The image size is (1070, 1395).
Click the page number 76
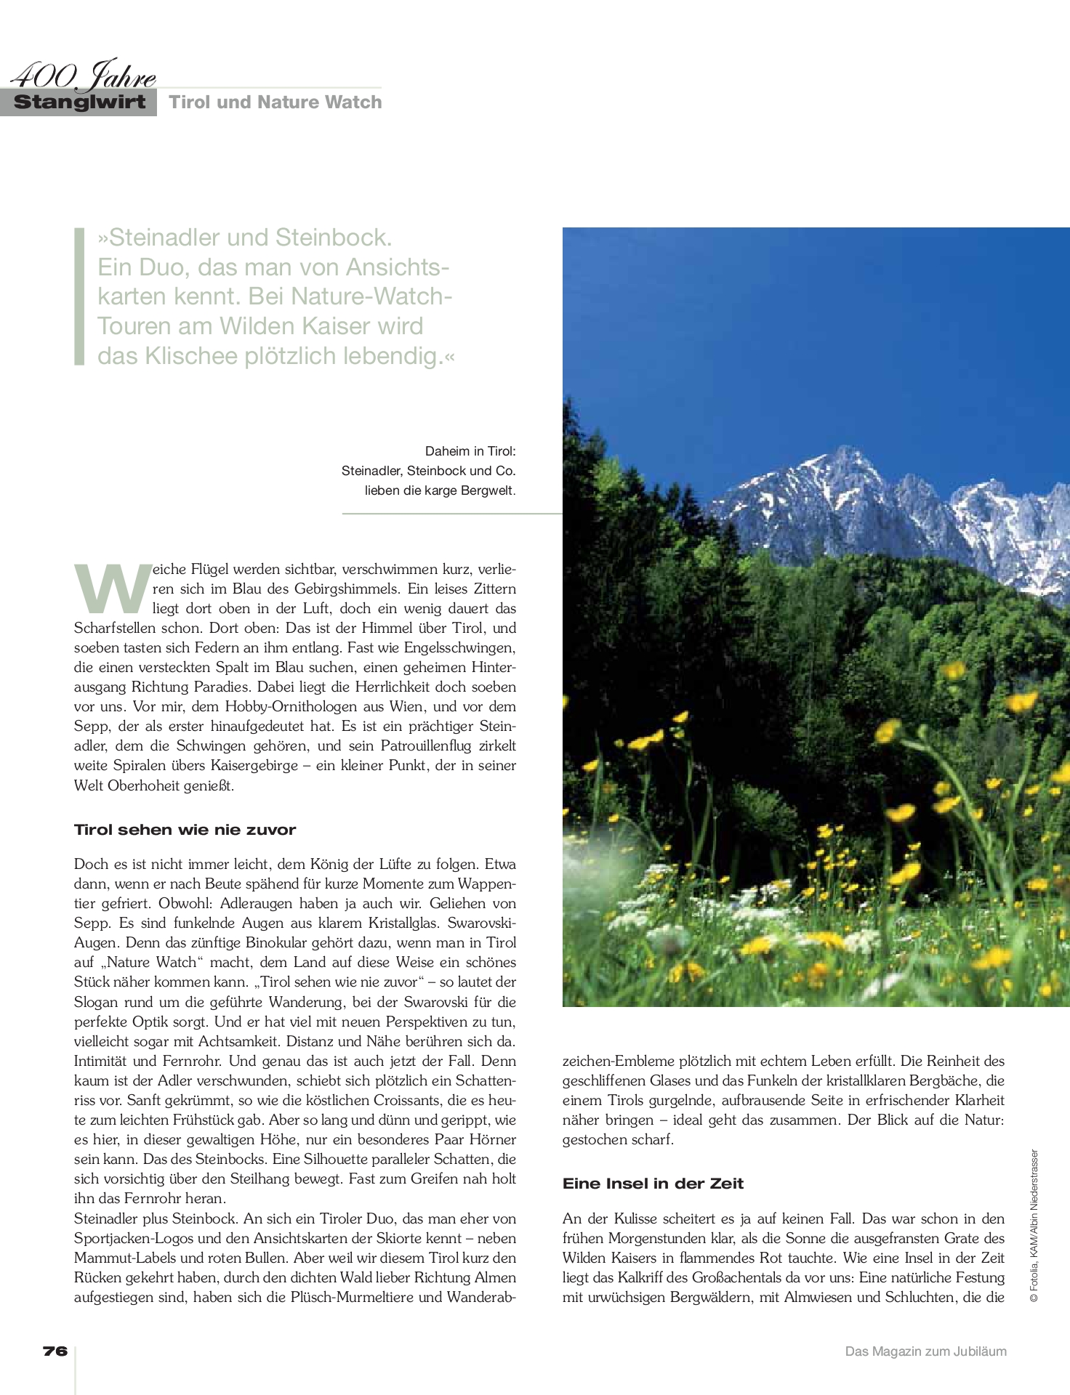(55, 1351)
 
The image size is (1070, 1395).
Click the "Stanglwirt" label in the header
(79, 102)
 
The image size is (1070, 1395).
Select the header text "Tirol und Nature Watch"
(275, 102)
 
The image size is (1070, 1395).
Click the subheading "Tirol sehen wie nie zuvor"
(185, 830)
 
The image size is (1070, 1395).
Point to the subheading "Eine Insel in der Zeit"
(653, 1184)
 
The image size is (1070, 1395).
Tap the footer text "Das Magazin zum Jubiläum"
(925, 1351)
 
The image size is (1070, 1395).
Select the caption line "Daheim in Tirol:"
(470, 451)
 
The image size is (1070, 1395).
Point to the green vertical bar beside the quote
(79, 296)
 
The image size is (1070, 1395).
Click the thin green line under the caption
(451, 514)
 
